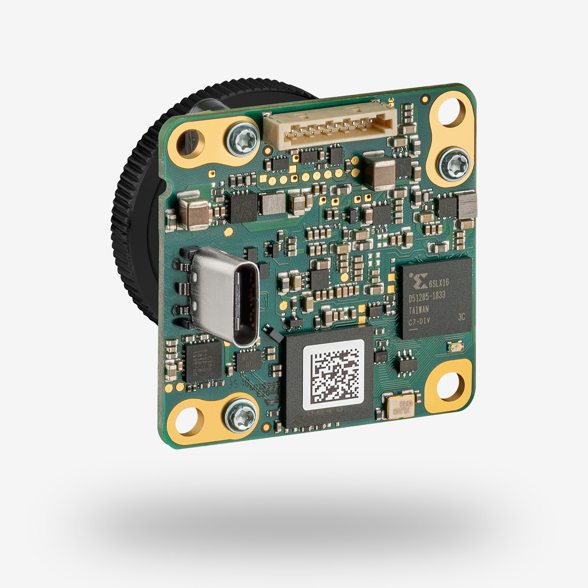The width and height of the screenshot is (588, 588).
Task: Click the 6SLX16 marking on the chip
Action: coord(439,283)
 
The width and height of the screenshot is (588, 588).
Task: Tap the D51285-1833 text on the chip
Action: coord(427,296)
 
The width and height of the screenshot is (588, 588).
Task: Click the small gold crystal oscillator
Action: coord(401,406)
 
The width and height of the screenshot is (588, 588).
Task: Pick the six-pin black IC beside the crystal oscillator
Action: coord(404,362)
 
